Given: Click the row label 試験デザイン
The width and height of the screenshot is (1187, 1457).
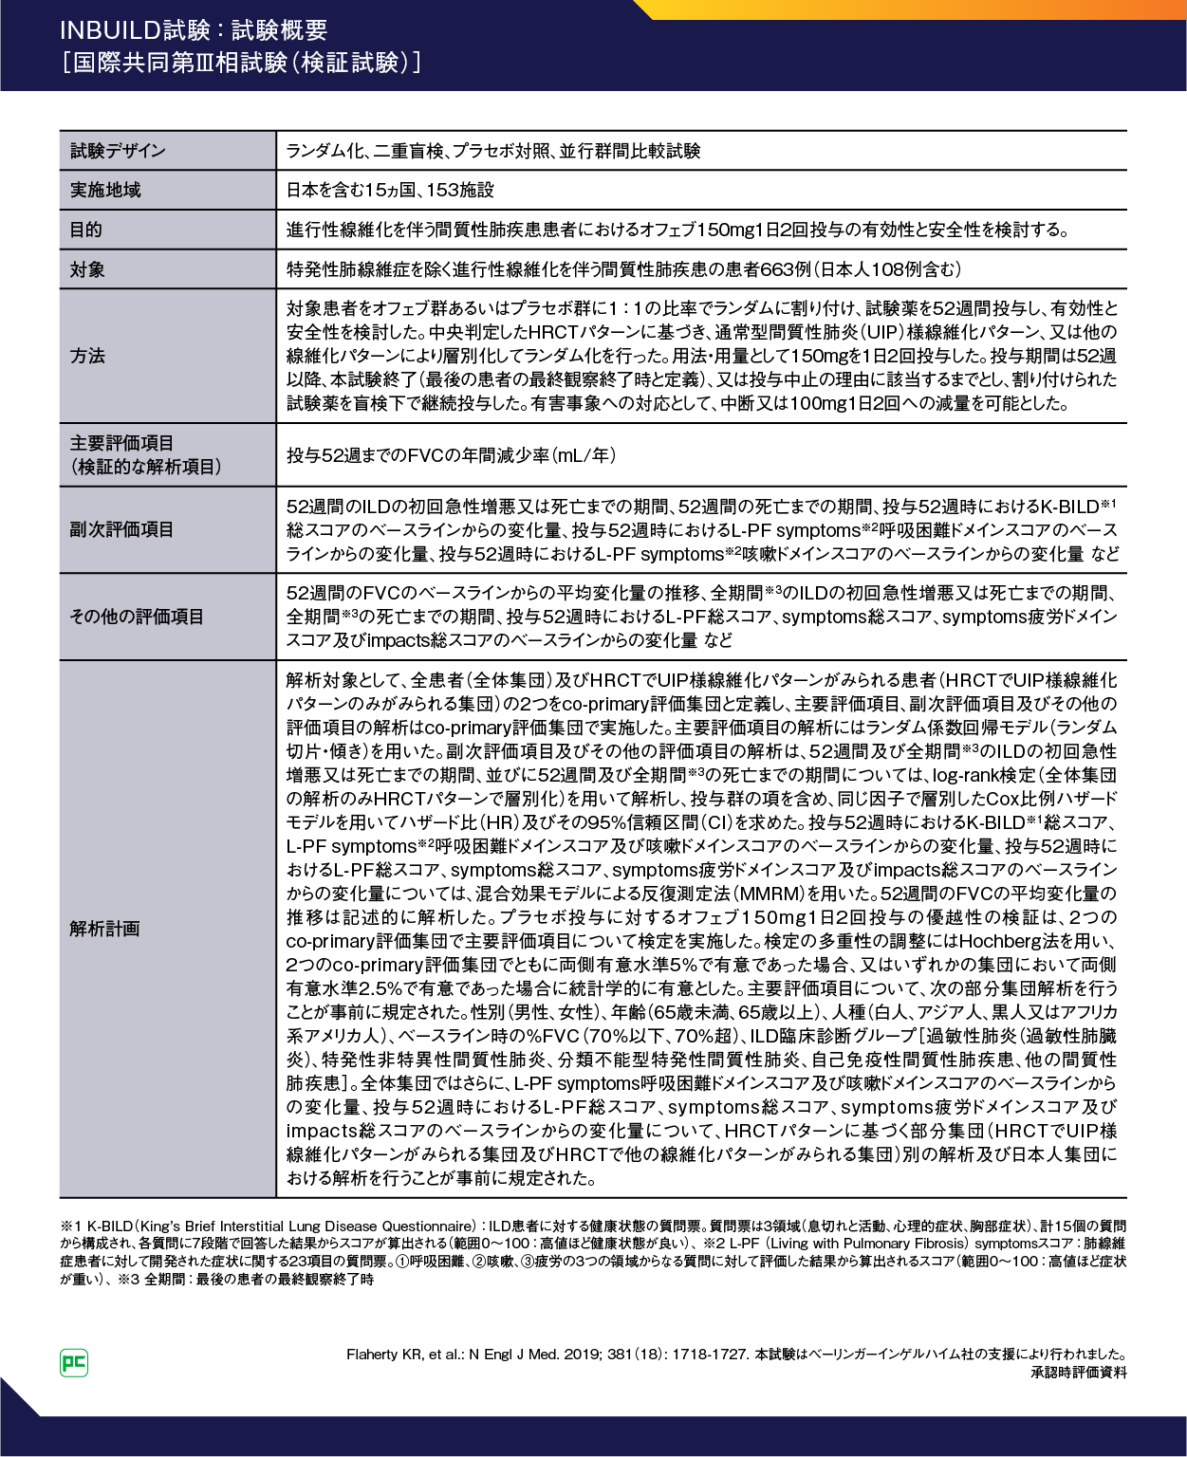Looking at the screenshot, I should pyautogui.click(x=118, y=151).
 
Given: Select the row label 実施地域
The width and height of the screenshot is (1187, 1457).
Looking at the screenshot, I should pyautogui.click(x=105, y=190).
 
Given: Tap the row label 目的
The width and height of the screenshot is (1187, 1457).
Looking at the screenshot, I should pyautogui.click(x=86, y=230).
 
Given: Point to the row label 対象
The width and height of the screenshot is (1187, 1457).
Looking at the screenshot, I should pyautogui.click(x=87, y=269).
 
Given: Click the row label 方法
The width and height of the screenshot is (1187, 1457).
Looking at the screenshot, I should pyautogui.click(x=87, y=356).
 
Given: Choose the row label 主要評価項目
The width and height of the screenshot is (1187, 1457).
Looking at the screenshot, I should pyautogui.click(x=122, y=443).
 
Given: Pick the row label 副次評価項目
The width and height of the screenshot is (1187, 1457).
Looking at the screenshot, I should pyautogui.click(x=122, y=529).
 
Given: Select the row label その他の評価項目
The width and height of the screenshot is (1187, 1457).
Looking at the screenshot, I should pyautogui.click(x=137, y=617).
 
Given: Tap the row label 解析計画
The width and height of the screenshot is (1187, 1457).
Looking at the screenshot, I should pyautogui.click(x=104, y=929).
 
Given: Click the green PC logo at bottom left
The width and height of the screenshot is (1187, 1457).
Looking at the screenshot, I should pyautogui.click(x=73, y=1363).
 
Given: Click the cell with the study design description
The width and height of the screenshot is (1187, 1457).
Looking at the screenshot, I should pyautogui.click(x=492, y=151).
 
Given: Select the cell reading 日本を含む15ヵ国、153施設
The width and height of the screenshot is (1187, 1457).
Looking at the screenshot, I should pyautogui.click(x=390, y=190).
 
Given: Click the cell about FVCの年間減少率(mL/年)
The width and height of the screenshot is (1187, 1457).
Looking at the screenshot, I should pyautogui.click(x=451, y=455).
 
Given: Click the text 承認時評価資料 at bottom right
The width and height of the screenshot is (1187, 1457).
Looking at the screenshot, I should pyautogui.click(x=1079, y=1373).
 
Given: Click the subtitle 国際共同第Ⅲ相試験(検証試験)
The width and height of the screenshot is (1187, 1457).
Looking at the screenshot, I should pyautogui.click(x=241, y=63).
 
